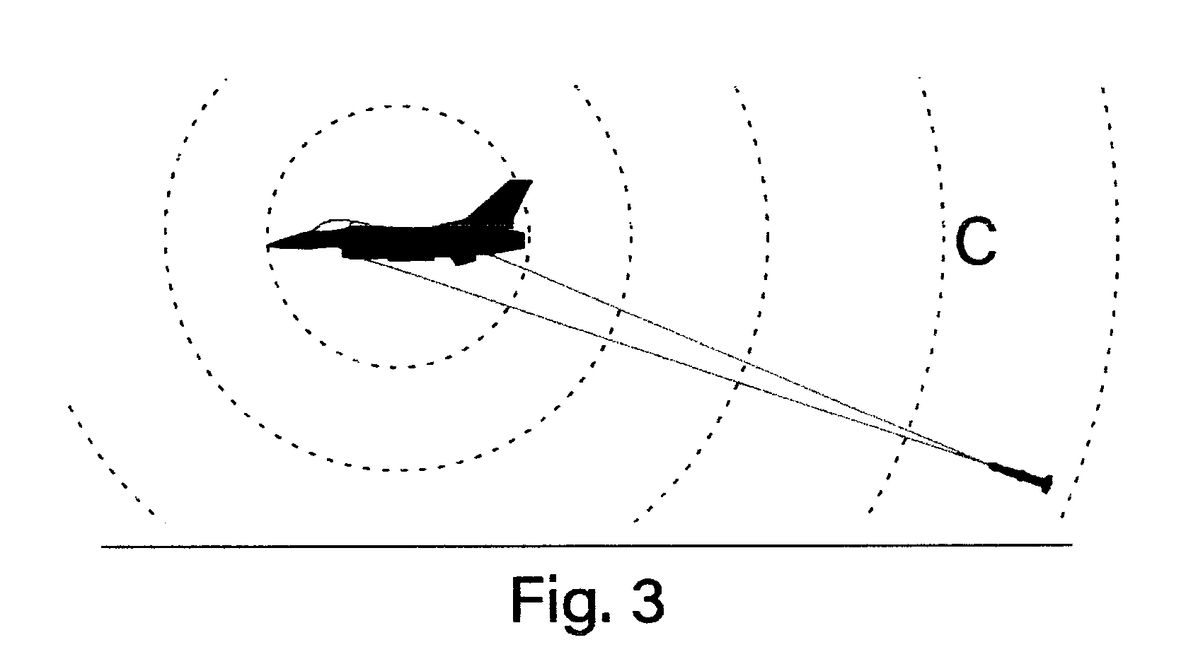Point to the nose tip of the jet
(267, 246)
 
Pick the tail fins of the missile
(1047, 484)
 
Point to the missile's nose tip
(989, 464)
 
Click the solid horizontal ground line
(587, 546)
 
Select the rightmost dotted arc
(1117, 299)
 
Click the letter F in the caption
(527, 600)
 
